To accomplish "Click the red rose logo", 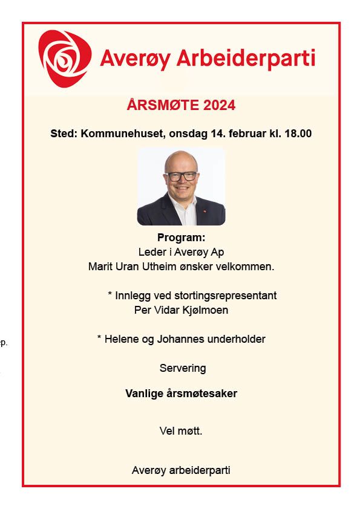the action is pos(65,59).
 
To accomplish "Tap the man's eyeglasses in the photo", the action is pos(182,176).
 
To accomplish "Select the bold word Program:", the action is pos(182,238).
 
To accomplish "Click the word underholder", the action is pos(237,339).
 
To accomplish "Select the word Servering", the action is pos(183,368).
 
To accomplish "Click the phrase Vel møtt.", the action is pos(181,431).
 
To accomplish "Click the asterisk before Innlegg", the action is pos(110,295).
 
